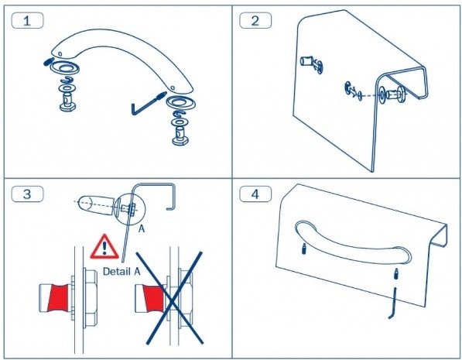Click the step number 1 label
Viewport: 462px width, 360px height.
(27, 21)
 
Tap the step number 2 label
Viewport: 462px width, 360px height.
(255, 21)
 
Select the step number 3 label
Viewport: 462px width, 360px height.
(27, 194)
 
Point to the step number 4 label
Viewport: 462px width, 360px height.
(255, 194)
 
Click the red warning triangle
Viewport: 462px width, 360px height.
(104, 248)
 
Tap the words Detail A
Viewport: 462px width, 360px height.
(121, 271)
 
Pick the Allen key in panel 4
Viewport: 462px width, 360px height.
(393, 303)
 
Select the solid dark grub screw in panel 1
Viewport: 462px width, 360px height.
(48, 62)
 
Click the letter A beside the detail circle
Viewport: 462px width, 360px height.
(142, 229)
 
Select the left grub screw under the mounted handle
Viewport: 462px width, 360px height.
(304, 249)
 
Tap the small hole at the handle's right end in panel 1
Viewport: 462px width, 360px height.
(172, 87)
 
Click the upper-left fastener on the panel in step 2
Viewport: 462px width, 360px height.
(311, 63)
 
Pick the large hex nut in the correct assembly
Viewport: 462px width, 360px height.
(91, 298)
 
